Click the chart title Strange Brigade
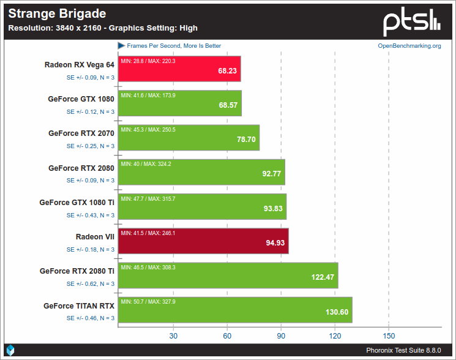point(57,13)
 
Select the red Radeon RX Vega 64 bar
point(179,69)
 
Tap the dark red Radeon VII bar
point(203,241)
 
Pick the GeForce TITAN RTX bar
point(235,310)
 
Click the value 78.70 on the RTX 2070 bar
point(246,140)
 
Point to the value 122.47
point(323,277)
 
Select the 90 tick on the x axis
point(281,336)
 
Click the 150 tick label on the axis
point(389,336)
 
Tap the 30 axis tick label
point(173,336)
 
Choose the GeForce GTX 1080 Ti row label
point(77,203)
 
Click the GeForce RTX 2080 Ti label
point(77,271)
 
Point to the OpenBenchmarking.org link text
point(409,46)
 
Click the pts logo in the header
point(412,22)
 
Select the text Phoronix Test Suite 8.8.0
point(403,350)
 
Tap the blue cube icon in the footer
point(10,350)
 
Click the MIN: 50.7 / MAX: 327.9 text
point(148,302)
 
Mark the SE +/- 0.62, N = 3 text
point(91,284)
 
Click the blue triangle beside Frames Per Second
point(121,46)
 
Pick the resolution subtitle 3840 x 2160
point(78,28)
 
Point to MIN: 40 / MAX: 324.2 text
point(146,164)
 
